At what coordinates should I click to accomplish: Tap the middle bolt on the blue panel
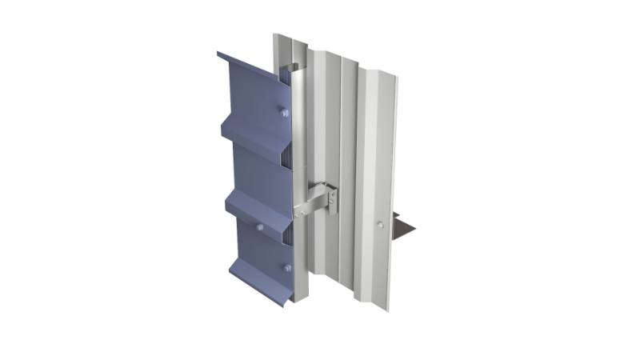pos(260,227)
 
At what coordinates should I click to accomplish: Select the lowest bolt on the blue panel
pos(286,267)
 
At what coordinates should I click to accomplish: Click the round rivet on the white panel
pos(381,225)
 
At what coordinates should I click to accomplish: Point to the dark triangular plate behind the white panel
pos(406,228)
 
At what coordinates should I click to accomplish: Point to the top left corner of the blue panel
pos(218,54)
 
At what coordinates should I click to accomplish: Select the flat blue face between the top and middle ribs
pos(260,168)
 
